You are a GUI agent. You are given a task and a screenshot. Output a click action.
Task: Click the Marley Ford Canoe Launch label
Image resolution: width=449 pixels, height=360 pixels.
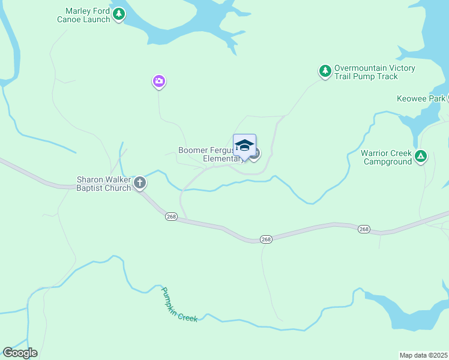[x=88, y=15]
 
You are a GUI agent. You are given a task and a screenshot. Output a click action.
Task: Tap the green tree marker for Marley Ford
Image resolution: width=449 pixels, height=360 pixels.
[x=119, y=13]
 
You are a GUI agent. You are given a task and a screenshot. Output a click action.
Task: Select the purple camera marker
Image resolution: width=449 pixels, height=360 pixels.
[x=158, y=81]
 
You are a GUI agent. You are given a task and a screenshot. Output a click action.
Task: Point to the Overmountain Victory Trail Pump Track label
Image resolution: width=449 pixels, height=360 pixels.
[x=375, y=72]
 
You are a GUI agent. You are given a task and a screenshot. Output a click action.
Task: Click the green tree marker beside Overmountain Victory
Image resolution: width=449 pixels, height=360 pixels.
[x=325, y=71]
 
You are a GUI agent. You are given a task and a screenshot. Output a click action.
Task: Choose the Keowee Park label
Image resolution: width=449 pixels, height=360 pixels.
[x=421, y=98]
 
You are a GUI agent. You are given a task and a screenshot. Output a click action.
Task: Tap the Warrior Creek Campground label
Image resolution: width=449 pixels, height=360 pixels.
[x=387, y=157]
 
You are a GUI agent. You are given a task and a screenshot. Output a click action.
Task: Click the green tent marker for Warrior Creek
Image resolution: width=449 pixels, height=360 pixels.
[x=421, y=157]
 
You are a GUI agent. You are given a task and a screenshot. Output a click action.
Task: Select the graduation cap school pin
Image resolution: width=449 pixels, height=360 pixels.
[x=244, y=146]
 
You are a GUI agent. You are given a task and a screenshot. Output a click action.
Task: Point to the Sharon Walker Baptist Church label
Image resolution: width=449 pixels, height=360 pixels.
[x=103, y=184]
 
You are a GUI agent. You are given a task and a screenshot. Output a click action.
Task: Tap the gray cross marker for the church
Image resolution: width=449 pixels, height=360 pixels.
[x=140, y=182]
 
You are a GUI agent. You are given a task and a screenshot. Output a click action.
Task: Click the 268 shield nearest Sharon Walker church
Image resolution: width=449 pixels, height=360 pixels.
[x=171, y=217]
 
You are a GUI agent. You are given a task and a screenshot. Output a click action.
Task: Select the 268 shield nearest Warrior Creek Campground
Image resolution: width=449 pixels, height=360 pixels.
[x=363, y=229]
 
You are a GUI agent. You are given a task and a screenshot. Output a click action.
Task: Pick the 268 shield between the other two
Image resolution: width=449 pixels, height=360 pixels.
[x=266, y=239]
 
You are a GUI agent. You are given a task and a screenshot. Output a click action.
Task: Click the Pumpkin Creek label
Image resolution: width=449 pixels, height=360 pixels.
[x=179, y=305]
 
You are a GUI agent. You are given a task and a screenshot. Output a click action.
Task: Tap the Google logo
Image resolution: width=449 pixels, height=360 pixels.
[x=20, y=353]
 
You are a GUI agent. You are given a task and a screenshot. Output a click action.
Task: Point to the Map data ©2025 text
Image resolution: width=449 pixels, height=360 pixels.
[x=424, y=355]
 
